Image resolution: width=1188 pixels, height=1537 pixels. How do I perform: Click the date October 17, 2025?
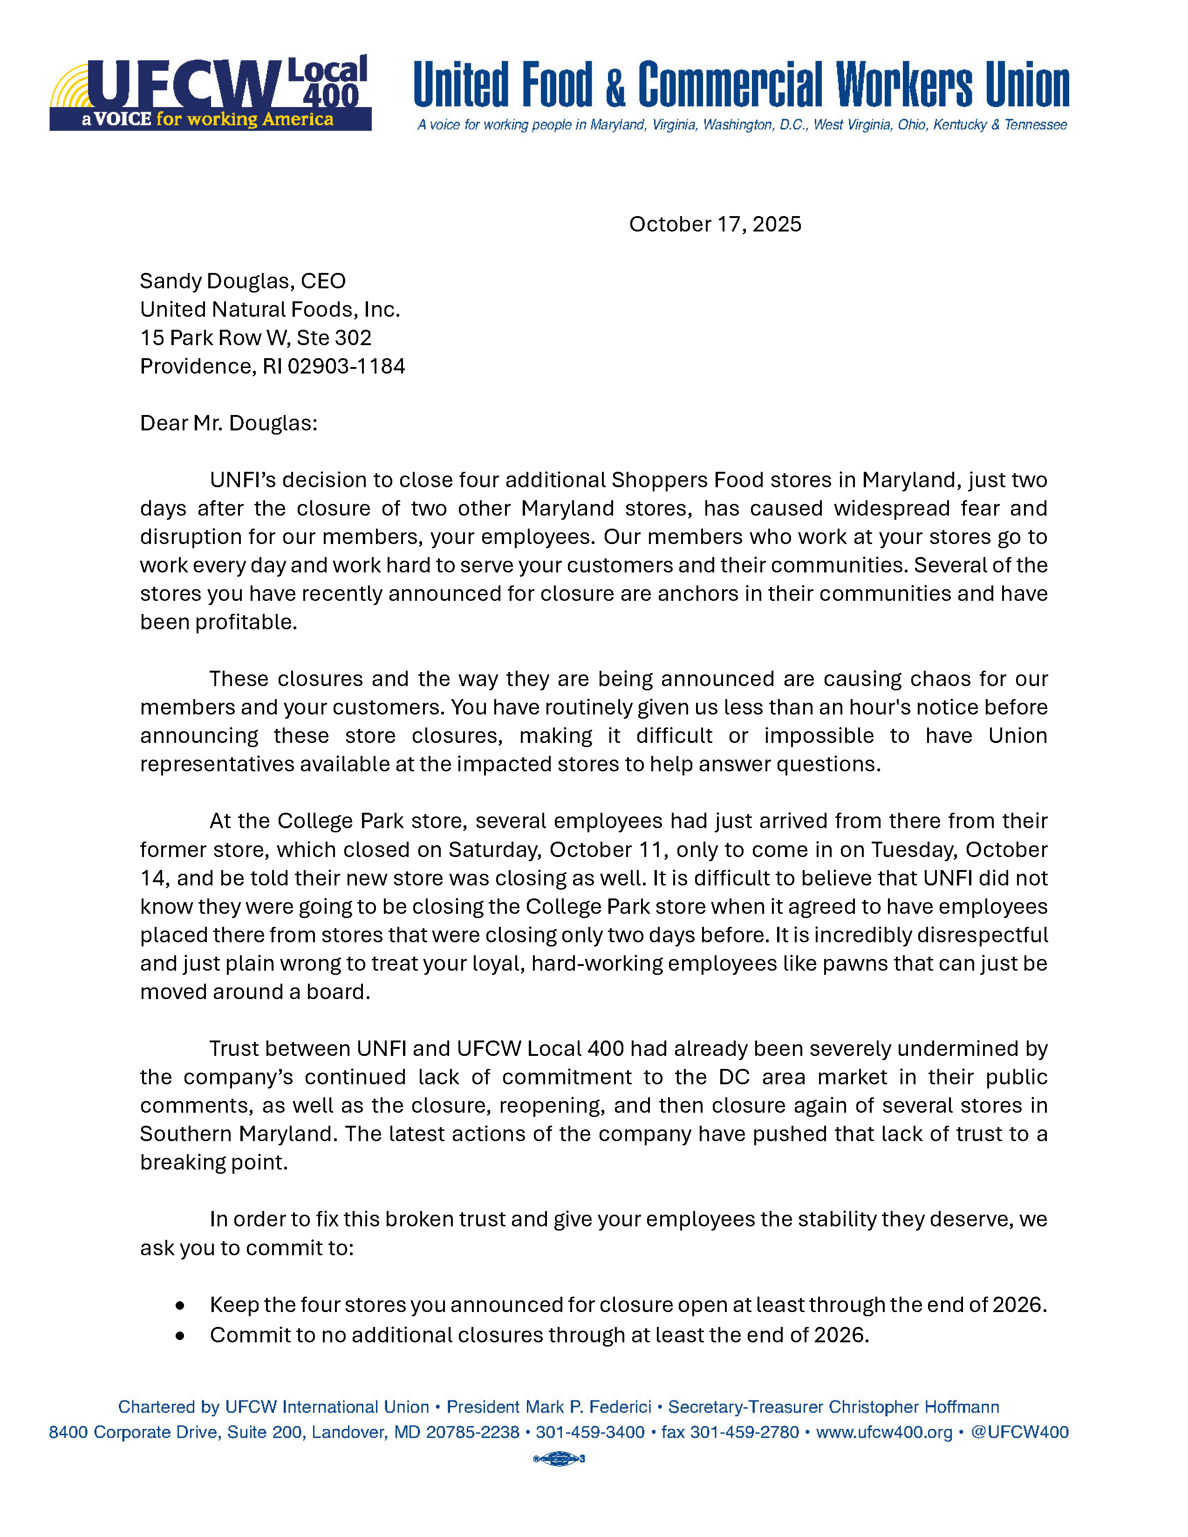(x=715, y=224)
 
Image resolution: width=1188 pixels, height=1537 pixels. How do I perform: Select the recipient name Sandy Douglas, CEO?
(x=243, y=281)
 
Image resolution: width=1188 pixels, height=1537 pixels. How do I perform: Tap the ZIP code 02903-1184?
(x=346, y=366)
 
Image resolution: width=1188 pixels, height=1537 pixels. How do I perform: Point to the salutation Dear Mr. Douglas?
(x=229, y=423)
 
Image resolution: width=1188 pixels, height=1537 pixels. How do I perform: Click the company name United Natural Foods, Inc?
(x=270, y=309)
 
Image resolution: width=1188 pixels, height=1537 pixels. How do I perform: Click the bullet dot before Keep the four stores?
(x=181, y=1306)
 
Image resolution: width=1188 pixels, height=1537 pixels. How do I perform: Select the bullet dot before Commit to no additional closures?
(x=181, y=1335)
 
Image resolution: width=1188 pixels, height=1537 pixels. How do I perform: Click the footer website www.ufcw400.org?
(x=884, y=1432)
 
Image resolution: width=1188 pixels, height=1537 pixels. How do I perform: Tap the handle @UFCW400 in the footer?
(x=1020, y=1432)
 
